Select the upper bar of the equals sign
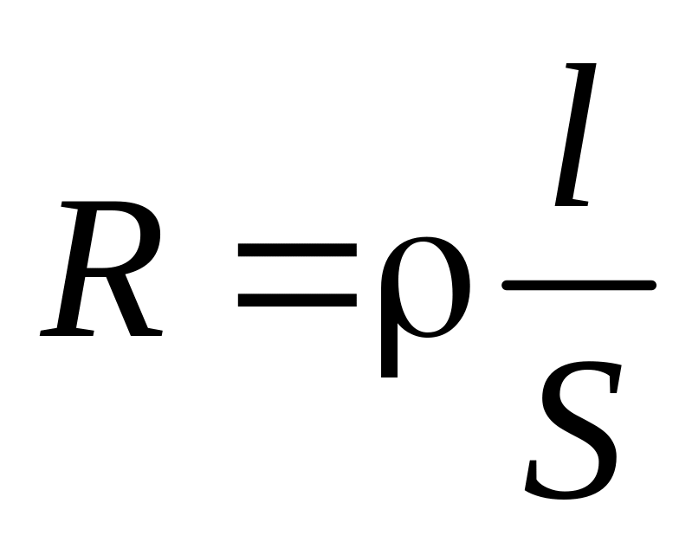click(x=297, y=251)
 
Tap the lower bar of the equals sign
click(x=297, y=300)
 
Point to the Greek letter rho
click(x=424, y=294)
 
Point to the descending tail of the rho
click(x=390, y=359)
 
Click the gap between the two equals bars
click(x=297, y=275)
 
